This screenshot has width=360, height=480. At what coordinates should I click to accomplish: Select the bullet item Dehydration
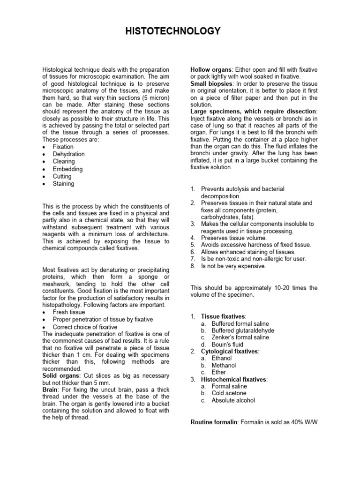(68, 154)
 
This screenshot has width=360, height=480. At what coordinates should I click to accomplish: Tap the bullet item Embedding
(67, 169)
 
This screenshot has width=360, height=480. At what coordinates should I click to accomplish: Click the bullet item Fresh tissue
(69, 312)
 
